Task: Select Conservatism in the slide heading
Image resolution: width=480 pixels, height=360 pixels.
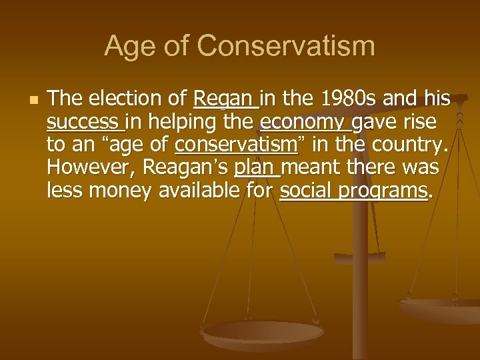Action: (x=286, y=47)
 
